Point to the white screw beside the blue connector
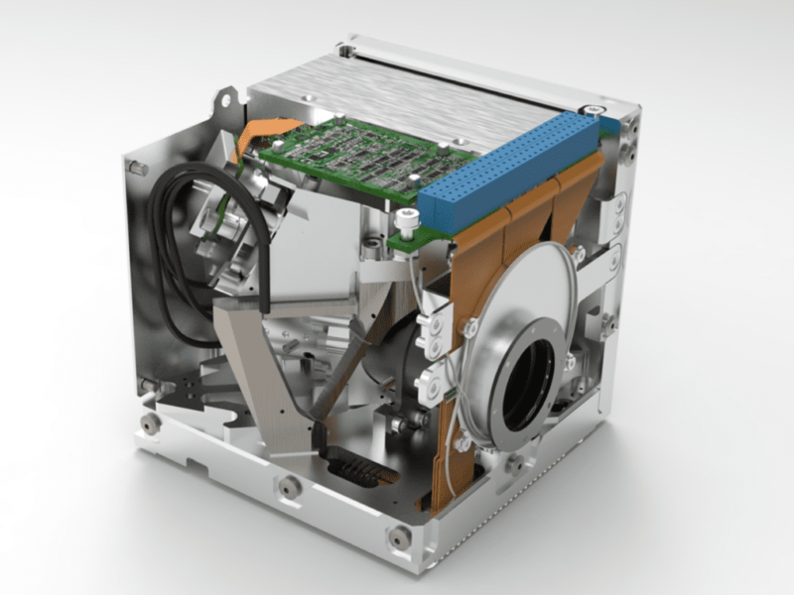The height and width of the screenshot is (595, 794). coord(404,216)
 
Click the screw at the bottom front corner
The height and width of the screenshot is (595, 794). coord(399,536)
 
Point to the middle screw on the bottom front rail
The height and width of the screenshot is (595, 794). coord(290,486)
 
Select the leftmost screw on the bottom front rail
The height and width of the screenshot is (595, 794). coord(151,423)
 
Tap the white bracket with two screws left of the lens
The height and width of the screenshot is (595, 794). coord(434,332)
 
